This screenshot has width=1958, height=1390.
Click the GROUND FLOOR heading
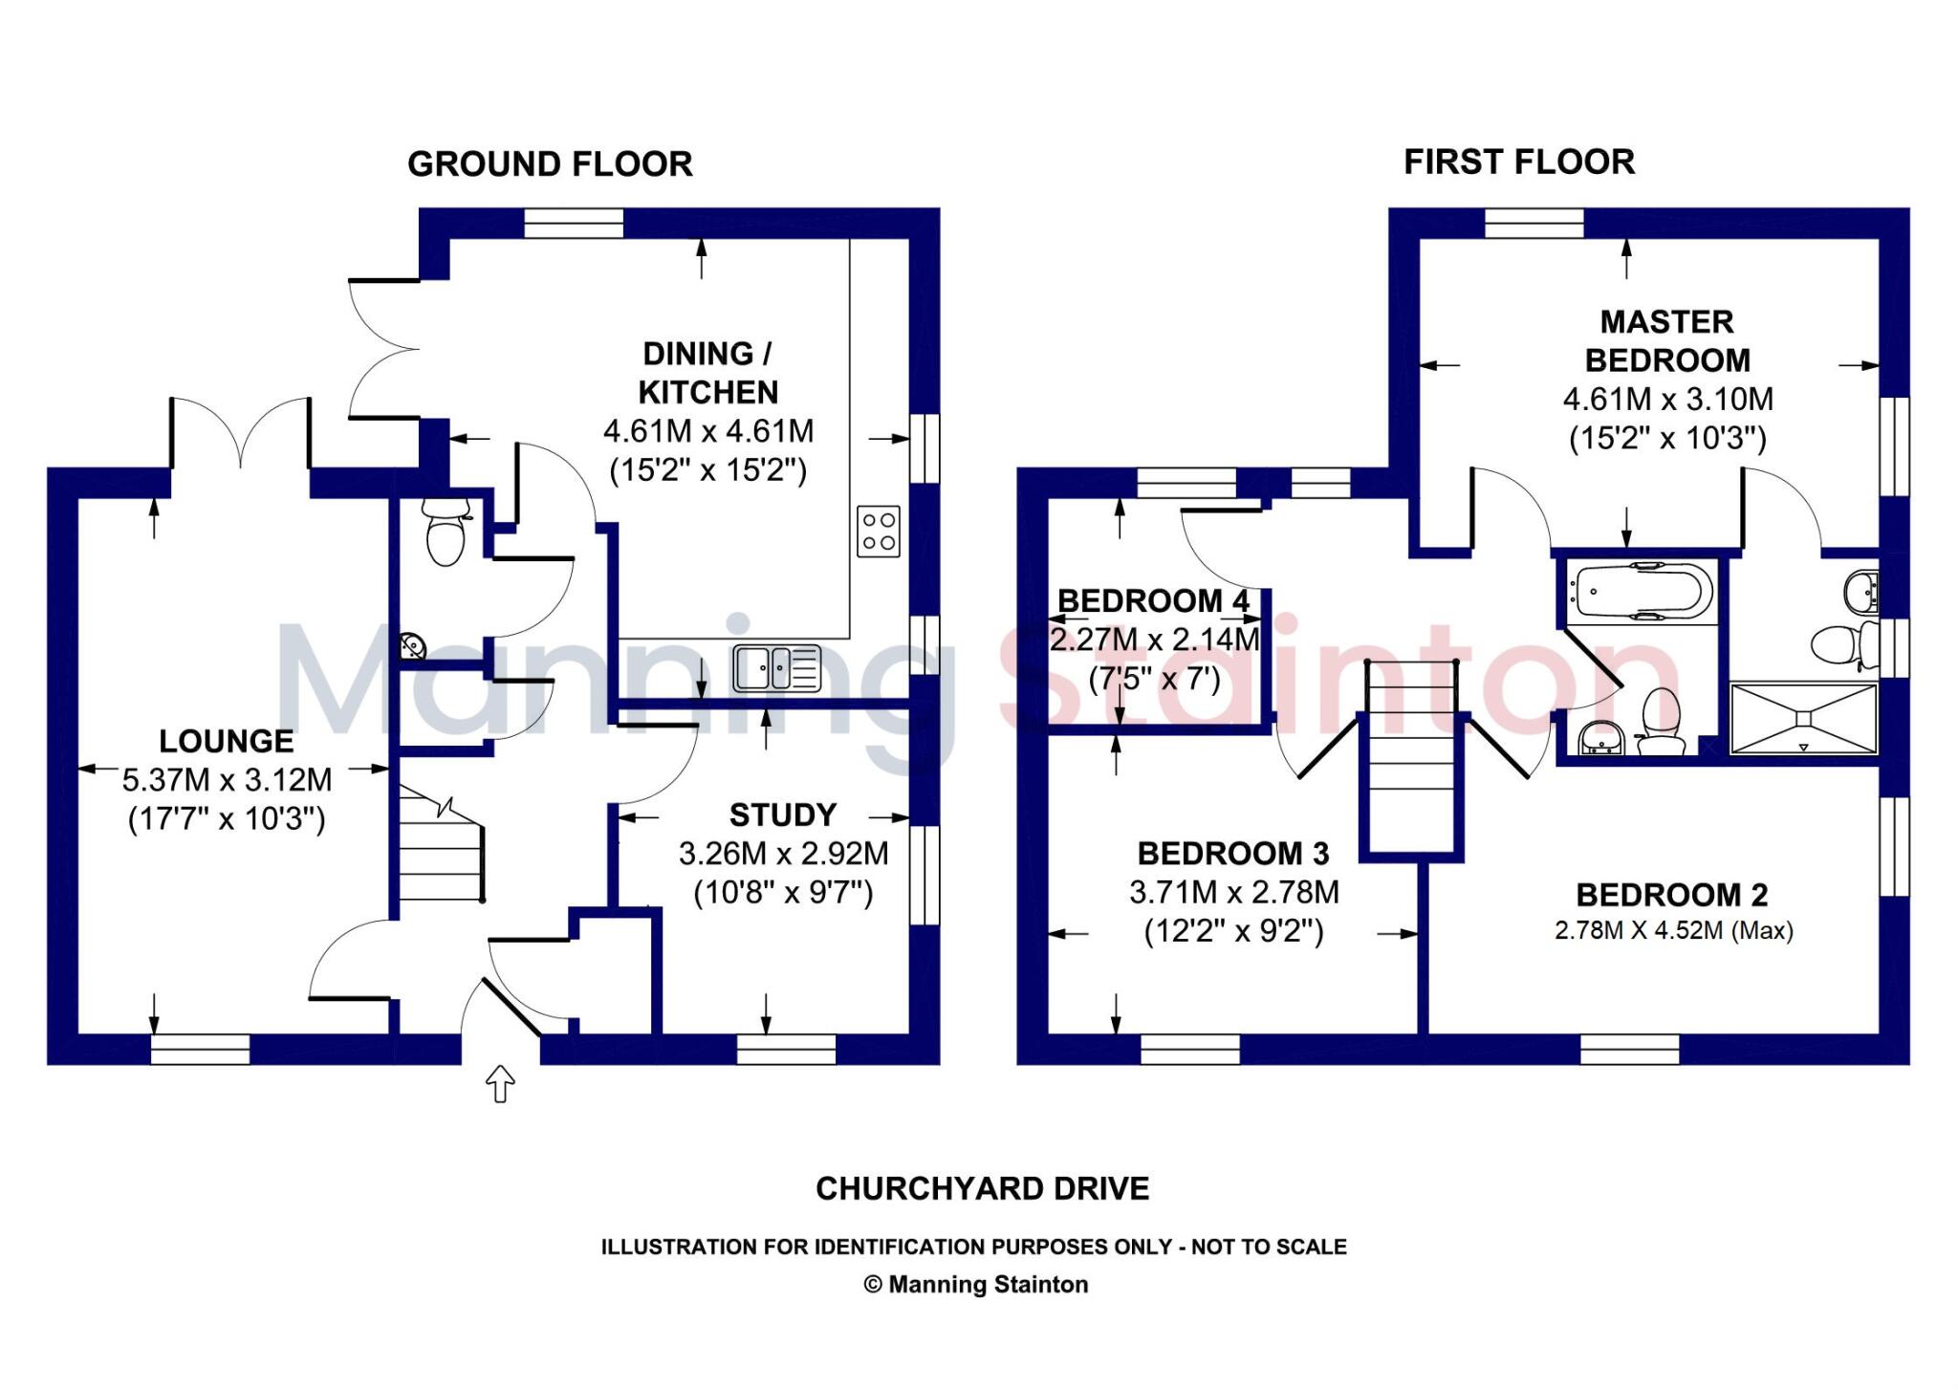[550, 164]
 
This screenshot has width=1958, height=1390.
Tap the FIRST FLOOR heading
[1518, 163]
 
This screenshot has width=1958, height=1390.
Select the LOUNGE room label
[227, 741]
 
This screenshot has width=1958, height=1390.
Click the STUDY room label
[783, 814]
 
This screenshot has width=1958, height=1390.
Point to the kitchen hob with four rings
[879, 532]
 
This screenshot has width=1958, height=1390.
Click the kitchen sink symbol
[776, 668]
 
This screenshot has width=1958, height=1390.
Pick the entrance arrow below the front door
[500, 1084]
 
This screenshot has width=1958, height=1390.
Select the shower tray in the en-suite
[1803, 718]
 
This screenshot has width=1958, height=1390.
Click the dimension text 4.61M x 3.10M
[1667, 399]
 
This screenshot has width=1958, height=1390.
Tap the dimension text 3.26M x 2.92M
[783, 853]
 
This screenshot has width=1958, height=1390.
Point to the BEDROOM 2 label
[1671, 895]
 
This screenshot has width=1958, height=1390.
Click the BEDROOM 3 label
[1233, 853]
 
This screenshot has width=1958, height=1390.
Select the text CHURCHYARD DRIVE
[982, 1188]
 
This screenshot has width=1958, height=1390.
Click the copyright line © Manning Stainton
[975, 1284]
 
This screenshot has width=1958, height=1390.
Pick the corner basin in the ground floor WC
[412, 647]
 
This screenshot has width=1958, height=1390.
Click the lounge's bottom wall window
[200, 1049]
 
